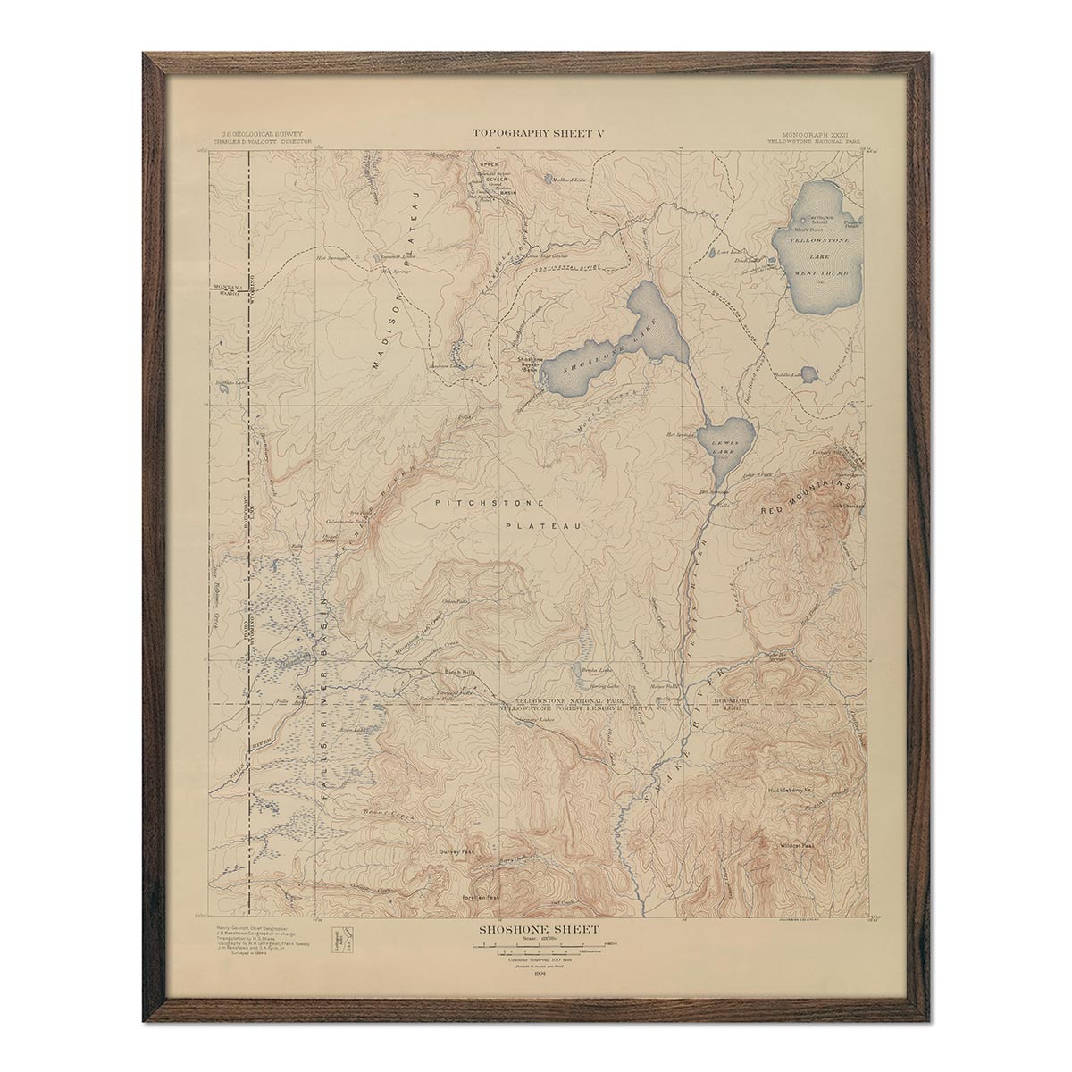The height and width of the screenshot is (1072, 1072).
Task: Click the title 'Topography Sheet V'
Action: click(539, 133)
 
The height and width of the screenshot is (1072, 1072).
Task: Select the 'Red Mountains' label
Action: click(801, 497)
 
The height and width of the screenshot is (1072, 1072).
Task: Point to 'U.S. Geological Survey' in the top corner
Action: click(256, 132)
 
